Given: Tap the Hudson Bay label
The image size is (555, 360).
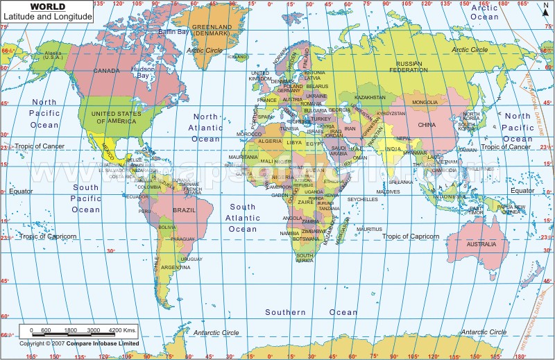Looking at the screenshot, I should (144, 72).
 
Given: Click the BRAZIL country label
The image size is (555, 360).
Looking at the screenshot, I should (184, 209).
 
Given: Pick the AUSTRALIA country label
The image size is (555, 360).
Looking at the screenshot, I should (481, 244).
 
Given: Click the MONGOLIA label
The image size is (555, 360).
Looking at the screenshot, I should (425, 103).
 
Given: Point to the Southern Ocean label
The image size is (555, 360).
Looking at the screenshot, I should (285, 312).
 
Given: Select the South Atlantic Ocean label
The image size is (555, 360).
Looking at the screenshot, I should (243, 218).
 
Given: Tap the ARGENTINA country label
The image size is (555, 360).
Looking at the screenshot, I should (176, 267).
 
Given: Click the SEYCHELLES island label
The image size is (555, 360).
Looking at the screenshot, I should (362, 199).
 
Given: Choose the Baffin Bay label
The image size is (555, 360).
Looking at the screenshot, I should (173, 32).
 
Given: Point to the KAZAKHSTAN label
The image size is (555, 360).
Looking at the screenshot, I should (369, 97).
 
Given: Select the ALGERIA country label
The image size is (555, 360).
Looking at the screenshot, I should (270, 141).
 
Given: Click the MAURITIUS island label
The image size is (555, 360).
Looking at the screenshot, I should (369, 229).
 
